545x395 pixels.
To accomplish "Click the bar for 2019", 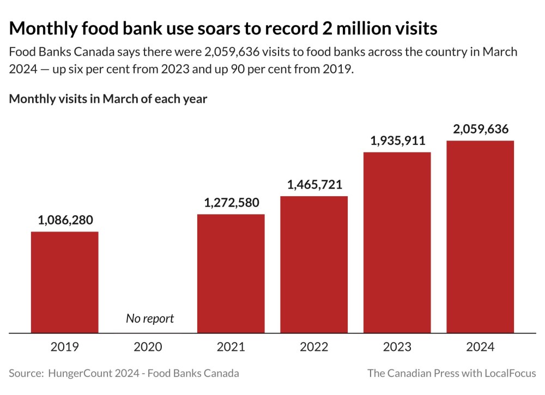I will click(64, 282).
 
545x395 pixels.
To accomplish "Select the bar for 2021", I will click(231, 273).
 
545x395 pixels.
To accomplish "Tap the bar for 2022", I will click(314, 264).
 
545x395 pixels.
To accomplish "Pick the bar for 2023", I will click(397, 242).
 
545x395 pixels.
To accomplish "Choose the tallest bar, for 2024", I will click(480, 236).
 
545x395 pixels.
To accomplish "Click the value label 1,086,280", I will click(65, 220).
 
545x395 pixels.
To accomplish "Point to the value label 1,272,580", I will click(232, 203).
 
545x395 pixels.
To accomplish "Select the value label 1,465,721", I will click(315, 185).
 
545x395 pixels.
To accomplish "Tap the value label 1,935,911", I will click(398, 141).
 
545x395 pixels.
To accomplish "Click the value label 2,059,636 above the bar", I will click(481, 129).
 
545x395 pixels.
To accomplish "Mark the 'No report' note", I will click(150, 318).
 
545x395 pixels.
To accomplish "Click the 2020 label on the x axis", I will click(148, 347).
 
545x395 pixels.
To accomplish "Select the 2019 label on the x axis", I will click(64, 347).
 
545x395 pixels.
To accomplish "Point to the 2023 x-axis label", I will click(397, 347).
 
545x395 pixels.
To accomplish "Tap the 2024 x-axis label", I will click(480, 347).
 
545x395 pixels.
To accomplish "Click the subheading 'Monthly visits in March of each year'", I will click(108, 99).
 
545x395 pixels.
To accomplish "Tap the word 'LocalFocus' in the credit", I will click(508, 373).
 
